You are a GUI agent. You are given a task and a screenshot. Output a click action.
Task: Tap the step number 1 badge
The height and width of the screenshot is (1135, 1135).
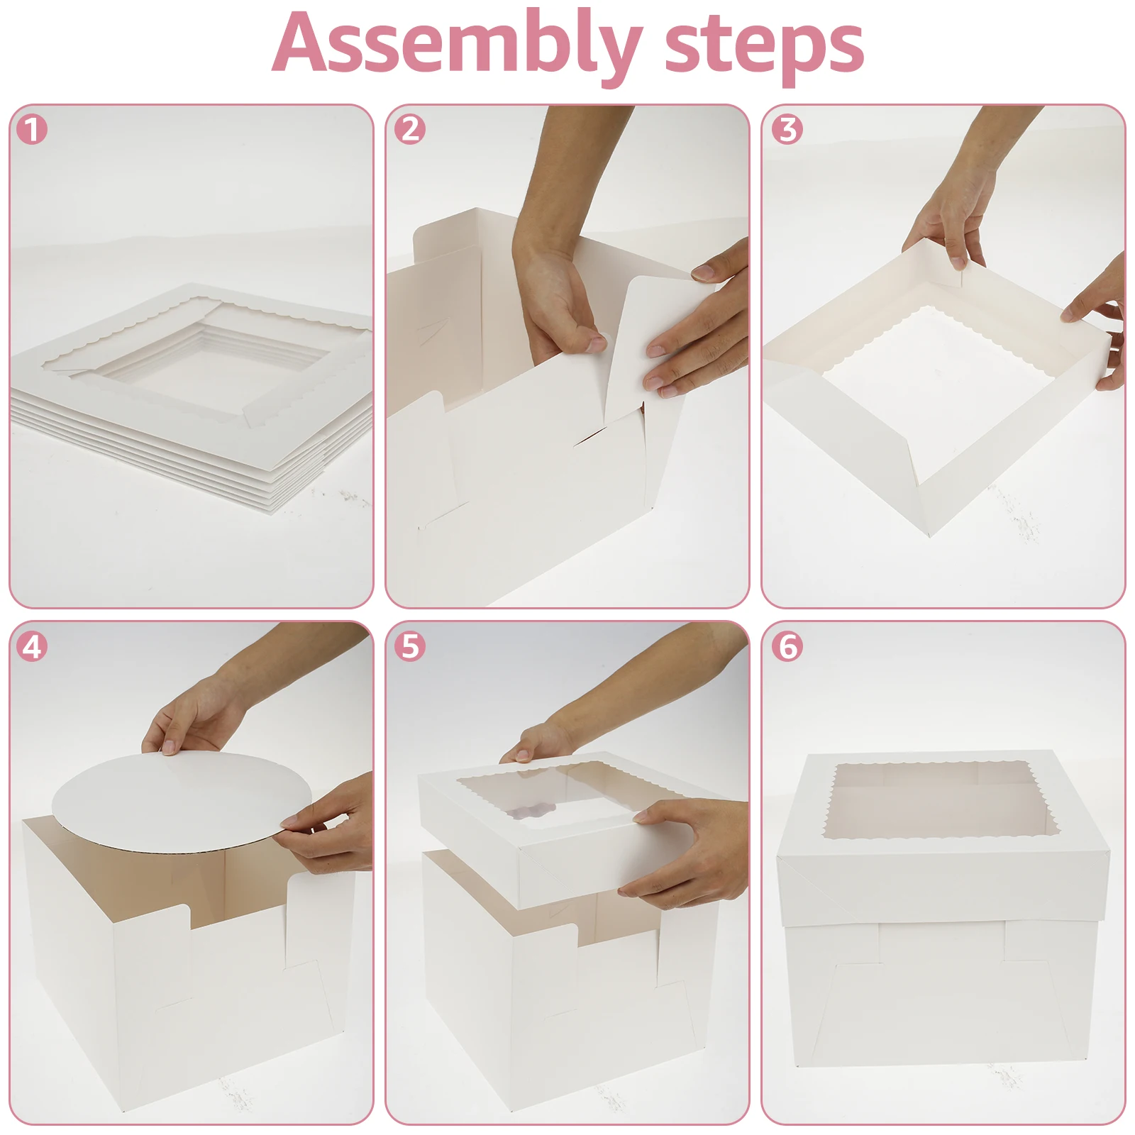pos(32,130)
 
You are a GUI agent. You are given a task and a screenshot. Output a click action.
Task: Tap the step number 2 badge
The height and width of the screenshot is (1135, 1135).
pos(410,130)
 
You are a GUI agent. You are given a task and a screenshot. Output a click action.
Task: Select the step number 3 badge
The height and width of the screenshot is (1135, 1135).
pos(787,130)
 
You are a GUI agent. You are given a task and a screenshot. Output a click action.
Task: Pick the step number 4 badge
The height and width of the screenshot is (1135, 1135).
pos(32,646)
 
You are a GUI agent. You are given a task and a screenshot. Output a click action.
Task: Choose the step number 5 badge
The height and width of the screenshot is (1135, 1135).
pos(410,646)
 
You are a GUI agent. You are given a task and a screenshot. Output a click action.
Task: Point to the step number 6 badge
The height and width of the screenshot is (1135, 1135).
pos(787,646)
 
